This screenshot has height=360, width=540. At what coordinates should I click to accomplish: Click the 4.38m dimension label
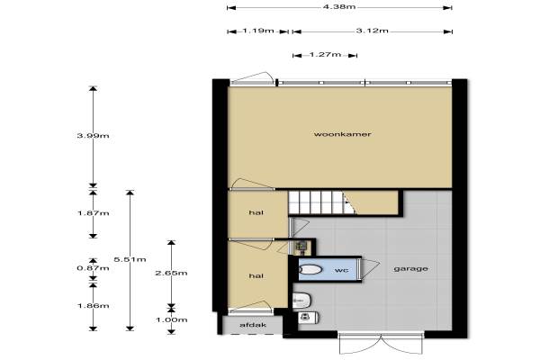[339, 6]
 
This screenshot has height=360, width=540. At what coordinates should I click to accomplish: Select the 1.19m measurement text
[258, 31]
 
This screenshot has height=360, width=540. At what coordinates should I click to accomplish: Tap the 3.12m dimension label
[372, 31]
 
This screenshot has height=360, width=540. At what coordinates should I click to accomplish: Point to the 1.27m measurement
[325, 54]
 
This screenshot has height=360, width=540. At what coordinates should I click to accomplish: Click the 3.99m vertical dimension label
[93, 136]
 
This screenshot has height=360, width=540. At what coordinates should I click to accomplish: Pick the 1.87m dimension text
[93, 213]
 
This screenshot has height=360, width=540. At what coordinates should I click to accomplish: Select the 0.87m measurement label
[93, 268]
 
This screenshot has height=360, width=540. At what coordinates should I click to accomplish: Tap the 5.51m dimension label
[130, 259]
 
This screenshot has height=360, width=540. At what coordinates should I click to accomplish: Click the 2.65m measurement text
[171, 274]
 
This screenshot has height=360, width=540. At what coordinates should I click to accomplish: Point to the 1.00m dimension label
[171, 319]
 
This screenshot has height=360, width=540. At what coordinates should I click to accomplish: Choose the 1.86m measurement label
[93, 306]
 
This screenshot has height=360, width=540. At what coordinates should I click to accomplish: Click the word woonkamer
[342, 134]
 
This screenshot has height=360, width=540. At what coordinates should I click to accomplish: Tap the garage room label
[411, 269]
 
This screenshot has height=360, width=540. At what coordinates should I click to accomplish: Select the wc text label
[341, 270]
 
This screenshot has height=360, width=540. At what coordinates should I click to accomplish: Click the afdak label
[253, 325]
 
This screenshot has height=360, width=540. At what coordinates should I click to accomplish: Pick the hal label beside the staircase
[256, 212]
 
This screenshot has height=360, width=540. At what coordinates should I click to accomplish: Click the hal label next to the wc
[256, 275]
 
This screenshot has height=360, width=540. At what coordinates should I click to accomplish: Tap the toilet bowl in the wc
[310, 269]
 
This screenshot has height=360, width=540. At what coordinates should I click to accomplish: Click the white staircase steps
[317, 202]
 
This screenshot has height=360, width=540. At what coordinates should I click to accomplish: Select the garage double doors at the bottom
[381, 343]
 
